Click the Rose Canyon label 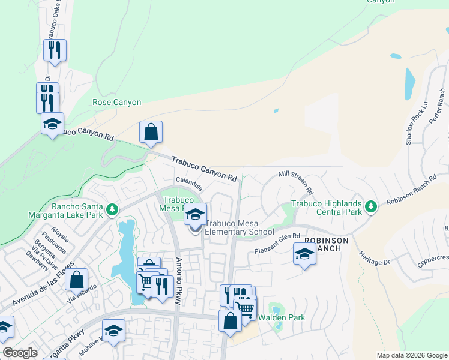pyautogui.click(x=117, y=103)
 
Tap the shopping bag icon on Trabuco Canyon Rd pyautogui.click(x=151, y=133)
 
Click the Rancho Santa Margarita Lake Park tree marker pyautogui.click(x=111, y=209)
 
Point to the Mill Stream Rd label pyautogui.click(x=297, y=182)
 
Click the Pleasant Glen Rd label pyautogui.click(x=277, y=243)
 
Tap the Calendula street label pyautogui.click(x=188, y=182)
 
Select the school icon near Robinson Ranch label pyautogui.click(x=304, y=253)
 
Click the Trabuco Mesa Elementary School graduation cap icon pyautogui.click(x=194, y=214)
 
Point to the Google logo pyautogui.click(x=20, y=353)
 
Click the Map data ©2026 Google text pyautogui.click(x=411, y=355)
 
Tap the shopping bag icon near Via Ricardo pyautogui.click(x=77, y=279)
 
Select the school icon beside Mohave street pyautogui.click(x=113, y=331)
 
